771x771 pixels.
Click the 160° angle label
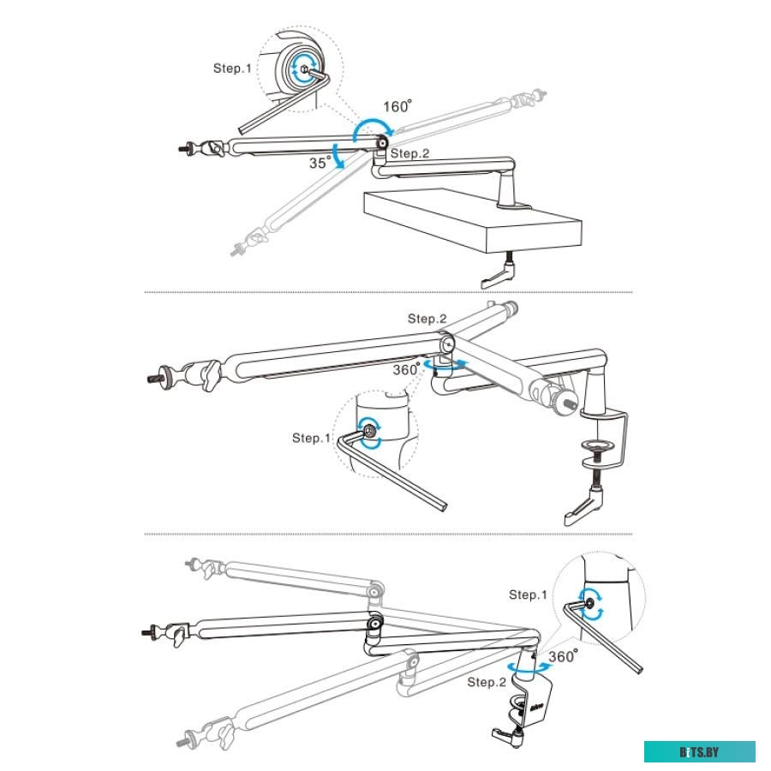point(397,106)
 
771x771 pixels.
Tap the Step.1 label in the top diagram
point(232,68)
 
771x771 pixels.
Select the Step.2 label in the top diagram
point(409,153)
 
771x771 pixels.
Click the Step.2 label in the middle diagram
point(427,319)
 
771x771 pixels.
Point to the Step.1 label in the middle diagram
point(311,438)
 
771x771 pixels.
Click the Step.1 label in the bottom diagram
point(528,595)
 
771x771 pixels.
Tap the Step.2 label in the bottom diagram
point(487,683)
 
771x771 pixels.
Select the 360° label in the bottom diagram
point(563,655)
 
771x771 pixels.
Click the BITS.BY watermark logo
point(700,751)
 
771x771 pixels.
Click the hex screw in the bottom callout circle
point(590,603)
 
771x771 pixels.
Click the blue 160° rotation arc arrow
point(371,124)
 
